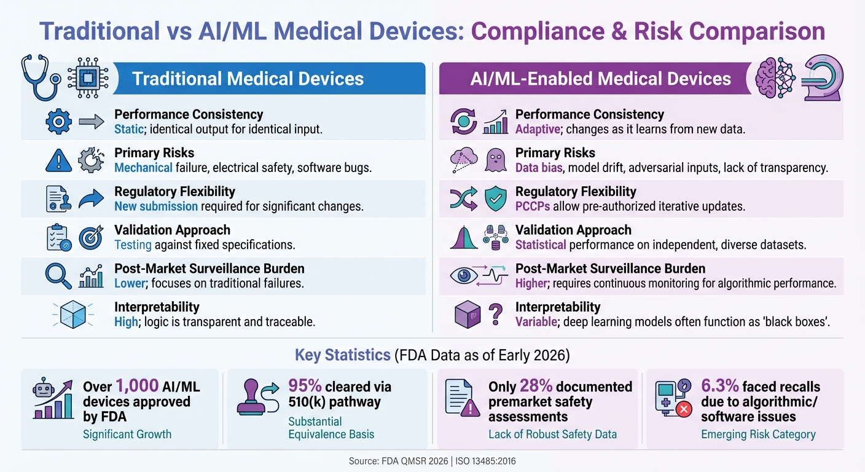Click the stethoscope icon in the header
[41, 77]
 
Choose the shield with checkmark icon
[496, 199]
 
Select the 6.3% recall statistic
[719, 387]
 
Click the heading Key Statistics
[342, 355]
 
